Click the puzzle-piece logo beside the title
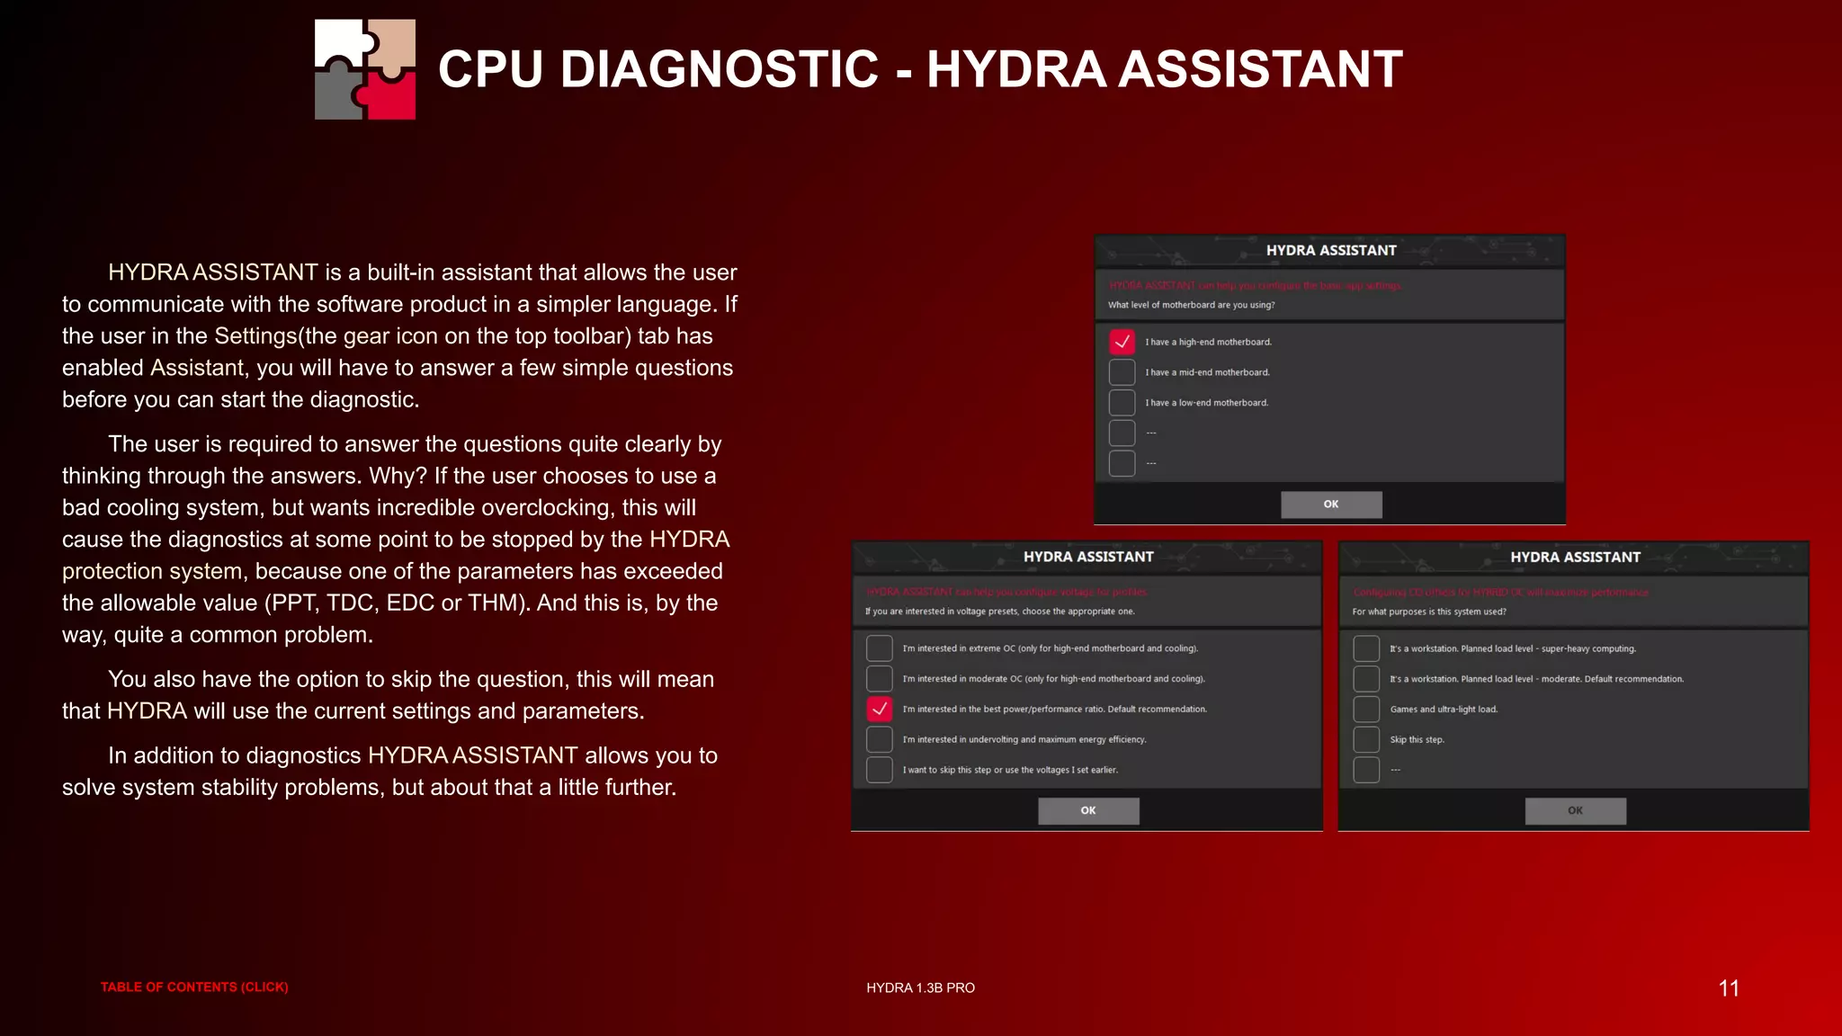coord(365,69)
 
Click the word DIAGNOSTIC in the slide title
coord(719,69)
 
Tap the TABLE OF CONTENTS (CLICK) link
coord(194,987)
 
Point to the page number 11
coord(1728,988)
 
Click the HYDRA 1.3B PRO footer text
coord(920,987)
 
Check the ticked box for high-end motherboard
coord(1122,342)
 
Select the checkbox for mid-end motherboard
coord(1122,372)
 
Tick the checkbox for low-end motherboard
coord(1122,403)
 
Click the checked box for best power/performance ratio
coord(879,710)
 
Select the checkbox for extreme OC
coord(879,648)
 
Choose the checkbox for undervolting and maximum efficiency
coord(879,740)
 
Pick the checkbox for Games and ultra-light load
coord(1366,710)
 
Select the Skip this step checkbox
coord(1366,740)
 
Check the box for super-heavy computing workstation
coord(1366,648)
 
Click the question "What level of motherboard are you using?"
coord(1191,305)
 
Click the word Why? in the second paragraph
coord(397,476)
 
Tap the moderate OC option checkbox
coord(879,679)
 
